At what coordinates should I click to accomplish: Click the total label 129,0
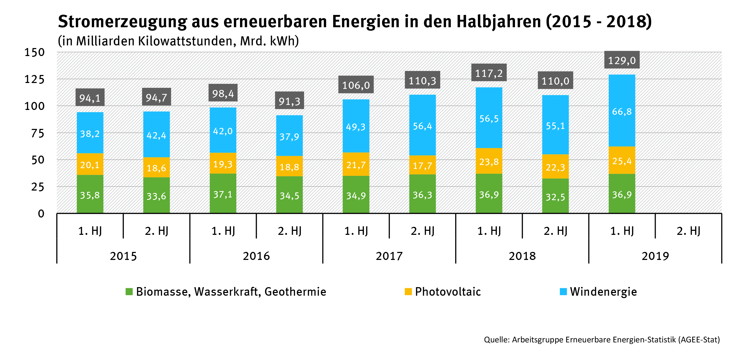pos(622,60)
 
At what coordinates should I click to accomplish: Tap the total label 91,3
pos(289,101)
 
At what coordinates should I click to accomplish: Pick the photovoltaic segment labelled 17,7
pos(422,165)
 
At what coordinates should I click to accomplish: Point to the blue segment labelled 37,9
pos(289,136)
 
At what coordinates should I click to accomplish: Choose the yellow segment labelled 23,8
pos(489,161)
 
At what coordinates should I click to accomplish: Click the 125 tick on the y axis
pos(34,79)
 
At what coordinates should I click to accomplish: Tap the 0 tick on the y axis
pos(41,214)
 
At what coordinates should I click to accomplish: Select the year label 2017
pos(389,256)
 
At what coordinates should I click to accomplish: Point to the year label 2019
pos(655,256)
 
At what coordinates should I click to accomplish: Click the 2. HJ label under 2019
pos(688,231)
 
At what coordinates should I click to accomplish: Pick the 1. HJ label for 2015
pos(90,231)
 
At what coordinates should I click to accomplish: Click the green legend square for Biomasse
pos(129,291)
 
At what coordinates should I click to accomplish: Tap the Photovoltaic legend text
pos(448,291)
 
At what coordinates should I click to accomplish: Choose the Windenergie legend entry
pos(603,291)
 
